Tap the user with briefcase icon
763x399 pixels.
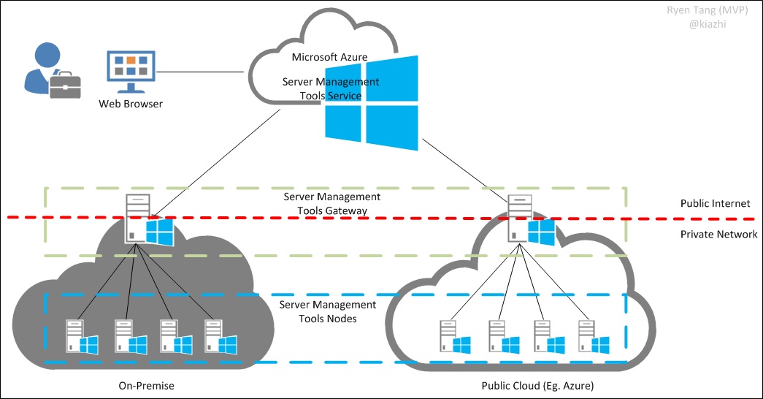[x=50, y=71]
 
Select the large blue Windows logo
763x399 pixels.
[x=372, y=102]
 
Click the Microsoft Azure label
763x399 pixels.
[x=329, y=57]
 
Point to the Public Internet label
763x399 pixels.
[x=715, y=204]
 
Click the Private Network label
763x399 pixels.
[x=718, y=235]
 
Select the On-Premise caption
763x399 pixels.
[x=147, y=385]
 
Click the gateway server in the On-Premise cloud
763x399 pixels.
[x=137, y=218]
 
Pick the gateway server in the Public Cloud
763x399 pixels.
[x=519, y=218]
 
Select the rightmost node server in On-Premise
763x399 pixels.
[x=213, y=336]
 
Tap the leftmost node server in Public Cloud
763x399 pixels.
[x=448, y=337]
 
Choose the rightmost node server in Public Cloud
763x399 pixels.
[x=586, y=337]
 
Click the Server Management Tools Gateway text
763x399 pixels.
[x=331, y=204]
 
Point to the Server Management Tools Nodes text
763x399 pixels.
[x=328, y=311]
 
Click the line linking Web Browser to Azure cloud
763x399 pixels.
[x=201, y=72]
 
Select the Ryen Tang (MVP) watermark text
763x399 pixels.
[x=697, y=11]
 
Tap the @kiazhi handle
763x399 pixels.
[x=708, y=24]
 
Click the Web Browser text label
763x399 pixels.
[x=131, y=104]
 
